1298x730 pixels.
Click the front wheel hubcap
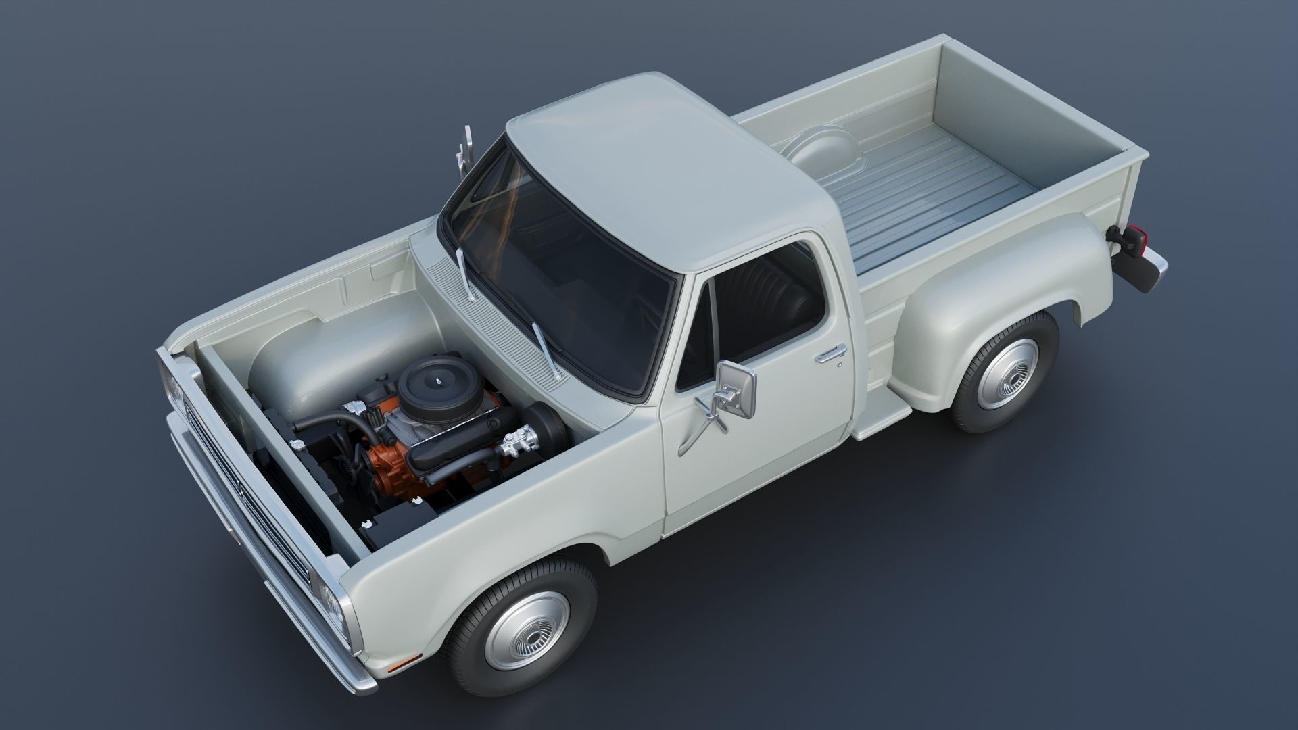coord(527,630)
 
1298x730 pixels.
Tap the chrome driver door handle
coord(830,354)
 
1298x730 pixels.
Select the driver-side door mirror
coord(737,389)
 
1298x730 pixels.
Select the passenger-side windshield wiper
coord(464,273)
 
